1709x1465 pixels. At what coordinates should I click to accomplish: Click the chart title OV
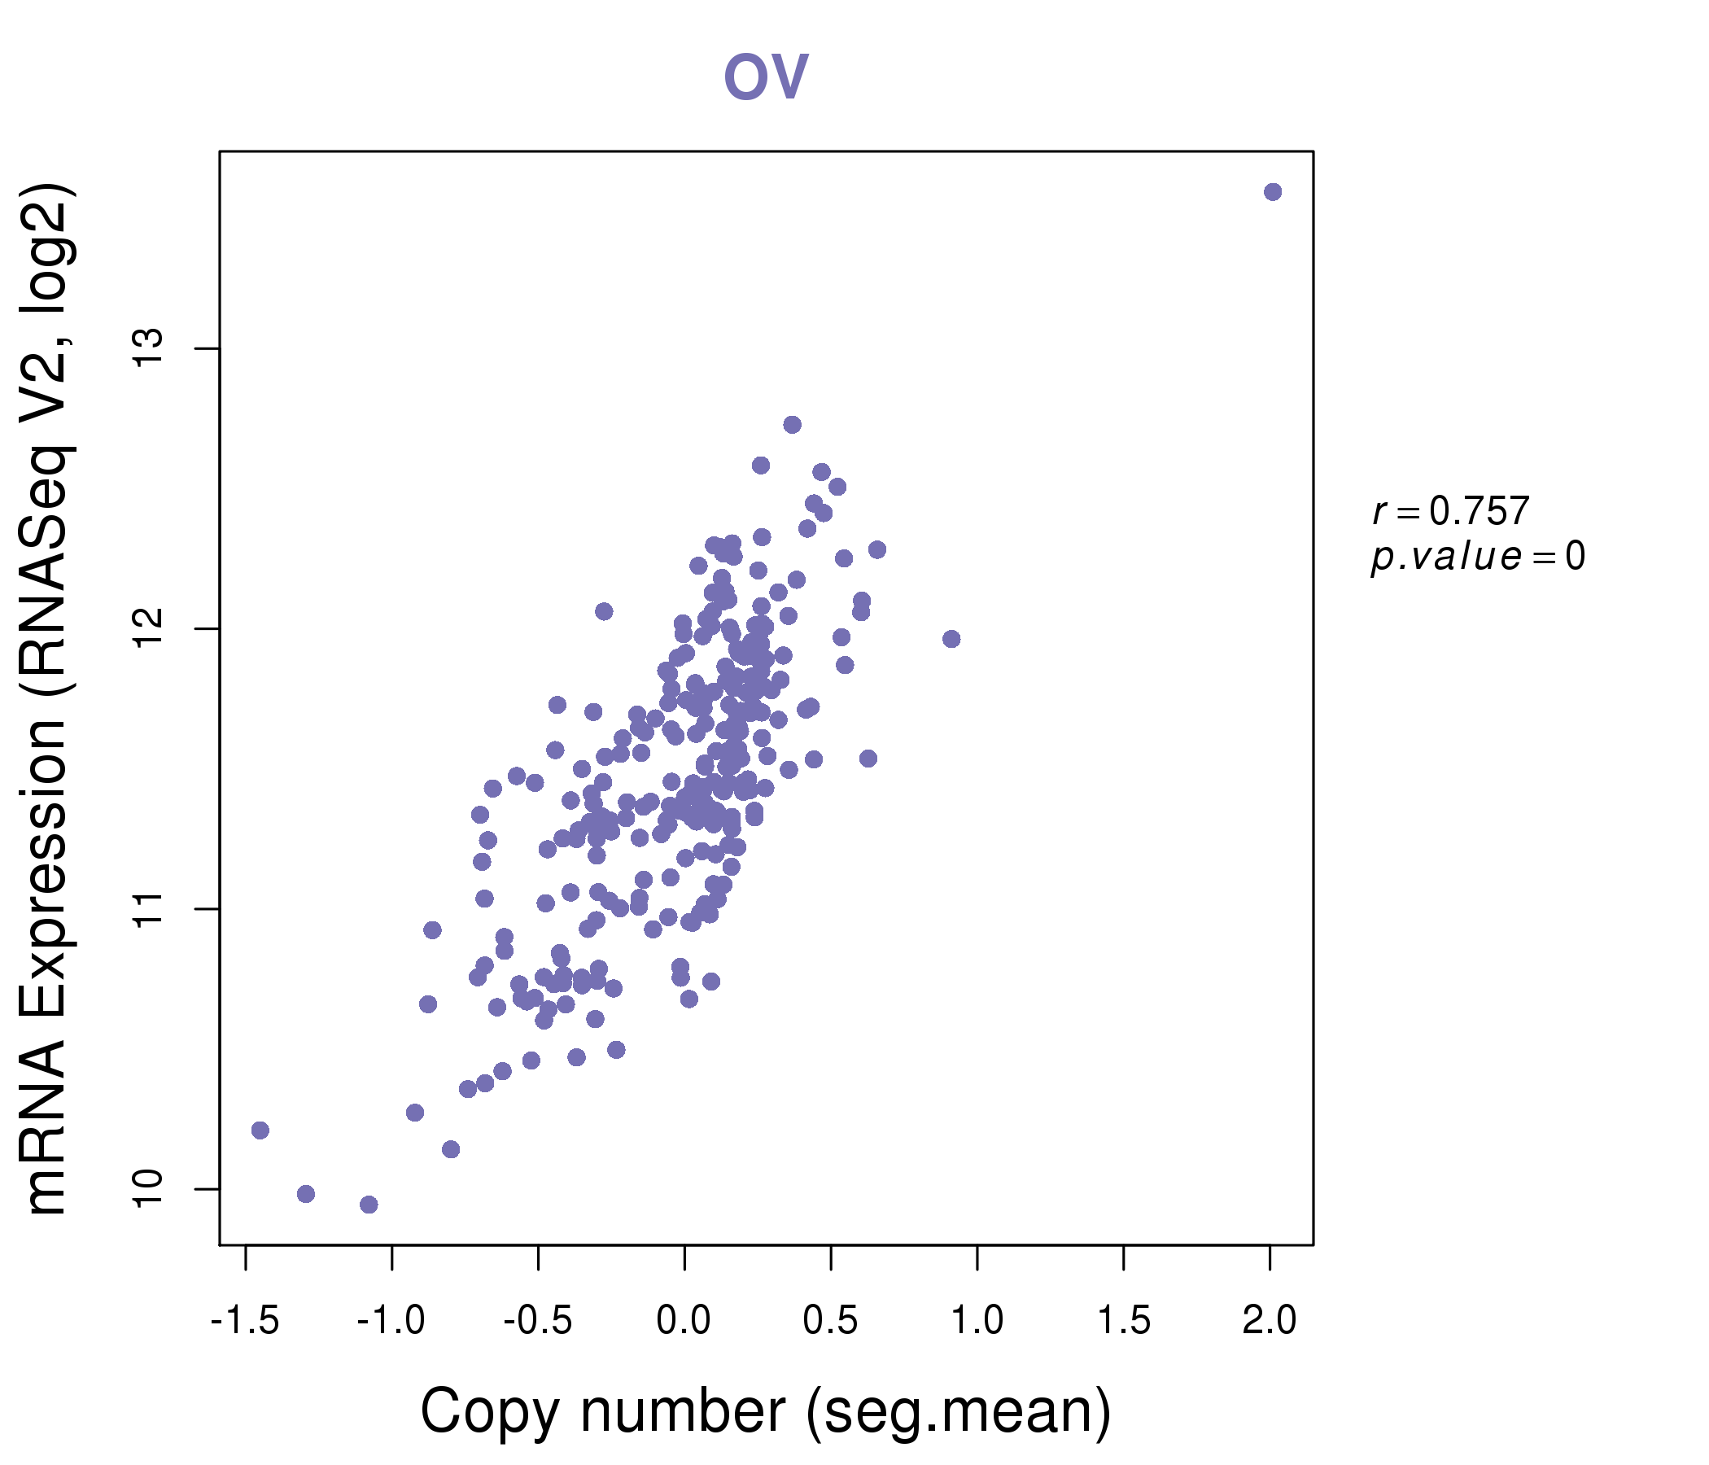(x=766, y=77)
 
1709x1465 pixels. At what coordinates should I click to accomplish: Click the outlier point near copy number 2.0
(x=1273, y=192)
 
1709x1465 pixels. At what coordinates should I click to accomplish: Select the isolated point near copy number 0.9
(x=951, y=639)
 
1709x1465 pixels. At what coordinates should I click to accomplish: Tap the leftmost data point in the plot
(x=260, y=1130)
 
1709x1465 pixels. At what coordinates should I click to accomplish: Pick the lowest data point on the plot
(x=369, y=1205)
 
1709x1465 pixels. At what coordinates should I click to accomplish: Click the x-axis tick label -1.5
(x=245, y=1321)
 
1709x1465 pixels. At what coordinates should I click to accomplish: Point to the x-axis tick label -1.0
(x=391, y=1321)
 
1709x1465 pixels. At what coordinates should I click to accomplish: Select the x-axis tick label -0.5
(x=538, y=1321)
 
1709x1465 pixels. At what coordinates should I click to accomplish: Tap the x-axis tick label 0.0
(x=684, y=1321)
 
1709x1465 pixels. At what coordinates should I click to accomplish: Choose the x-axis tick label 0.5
(x=831, y=1321)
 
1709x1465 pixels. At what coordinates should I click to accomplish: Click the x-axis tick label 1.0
(x=977, y=1321)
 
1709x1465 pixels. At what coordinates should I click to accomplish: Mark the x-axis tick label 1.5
(x=1123, y=1321)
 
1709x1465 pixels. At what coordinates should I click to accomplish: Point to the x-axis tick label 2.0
(x=1270, y=1321)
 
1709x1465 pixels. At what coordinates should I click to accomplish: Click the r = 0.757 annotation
(x=1451, y=511)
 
